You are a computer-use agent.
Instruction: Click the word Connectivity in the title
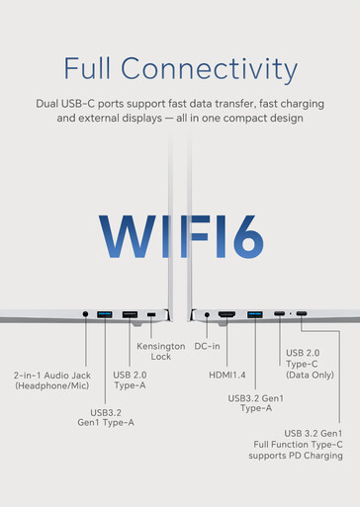click(x=209, y=68)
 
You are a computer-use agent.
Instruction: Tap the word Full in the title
click(x=87, y=68)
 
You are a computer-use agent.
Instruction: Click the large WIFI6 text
click(x=181, y=236)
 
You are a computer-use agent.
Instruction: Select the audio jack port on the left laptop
click(x=85, y=314)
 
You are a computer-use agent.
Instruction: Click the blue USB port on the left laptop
click(x=105, y=314)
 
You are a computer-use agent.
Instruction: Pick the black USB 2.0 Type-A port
click(x=130, y=314)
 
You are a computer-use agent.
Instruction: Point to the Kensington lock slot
click(x=151, y=314)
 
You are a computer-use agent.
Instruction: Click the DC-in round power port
click(x=207, y=315)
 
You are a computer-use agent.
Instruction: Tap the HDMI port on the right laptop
click(x=226, y=314)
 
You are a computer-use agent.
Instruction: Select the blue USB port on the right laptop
click(x=255, y=314)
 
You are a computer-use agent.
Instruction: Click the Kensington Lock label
click(x=161, y=351)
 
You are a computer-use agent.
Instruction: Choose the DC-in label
click(x=207, y=346)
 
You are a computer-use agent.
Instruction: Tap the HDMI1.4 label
click(x=227, y=375)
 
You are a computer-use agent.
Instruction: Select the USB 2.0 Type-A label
click(x=130, y=380)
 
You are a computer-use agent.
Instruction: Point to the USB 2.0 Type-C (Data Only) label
click(x=310, y=364)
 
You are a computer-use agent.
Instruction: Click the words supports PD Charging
click(x=296, y=456)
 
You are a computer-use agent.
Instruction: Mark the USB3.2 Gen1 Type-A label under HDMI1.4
click(x=256, y=403)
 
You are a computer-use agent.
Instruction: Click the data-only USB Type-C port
click(x=279, y=313)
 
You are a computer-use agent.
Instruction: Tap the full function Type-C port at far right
click(x=302, y=313)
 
